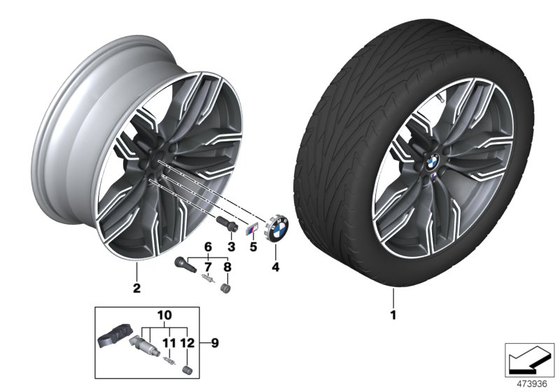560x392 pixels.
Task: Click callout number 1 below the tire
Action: [x=393, y=315]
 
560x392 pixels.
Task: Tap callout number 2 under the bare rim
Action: [x=137, y=288]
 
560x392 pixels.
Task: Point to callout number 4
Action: [x=275, y=266]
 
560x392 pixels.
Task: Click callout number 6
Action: [x=207, y=246]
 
